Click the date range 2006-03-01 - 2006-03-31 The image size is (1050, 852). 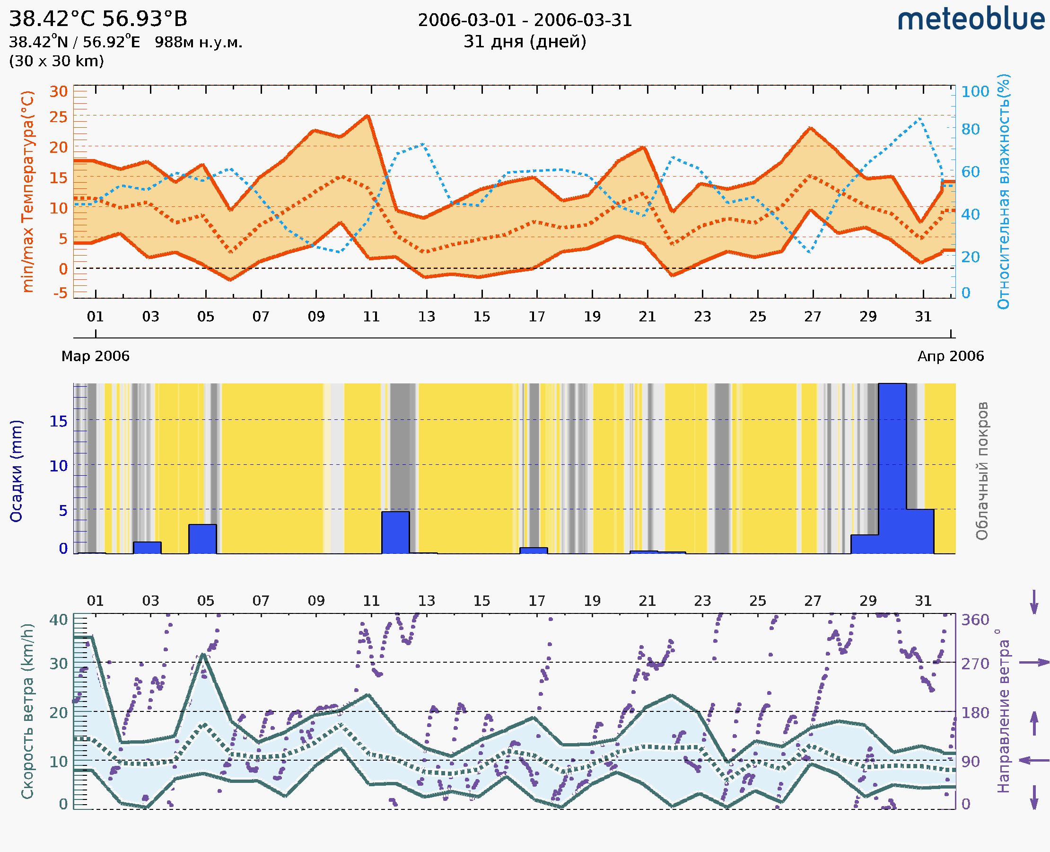(525, 20)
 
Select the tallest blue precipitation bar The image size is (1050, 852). (892, 468)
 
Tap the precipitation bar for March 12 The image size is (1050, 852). (395, 532)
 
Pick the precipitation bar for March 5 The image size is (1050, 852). (202, 539)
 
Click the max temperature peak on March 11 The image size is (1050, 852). (367, 116)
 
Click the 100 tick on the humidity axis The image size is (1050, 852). (975, 92)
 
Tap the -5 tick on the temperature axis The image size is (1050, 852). (61, 293)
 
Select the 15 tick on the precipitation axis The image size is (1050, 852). (58, 421)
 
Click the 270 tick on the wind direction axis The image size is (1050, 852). (975, 664)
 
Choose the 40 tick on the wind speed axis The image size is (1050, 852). (58, 620)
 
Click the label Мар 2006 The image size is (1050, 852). (95, 356)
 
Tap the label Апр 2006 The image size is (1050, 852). (951, 356)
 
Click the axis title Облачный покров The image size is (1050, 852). (982, 470)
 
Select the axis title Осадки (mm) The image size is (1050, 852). (16, 470)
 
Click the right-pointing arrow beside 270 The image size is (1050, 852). (1034, 663)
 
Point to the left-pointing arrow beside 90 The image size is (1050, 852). (1034, 760)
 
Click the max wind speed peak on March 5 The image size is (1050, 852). (203, 654)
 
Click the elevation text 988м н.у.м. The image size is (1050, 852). (199, 43)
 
